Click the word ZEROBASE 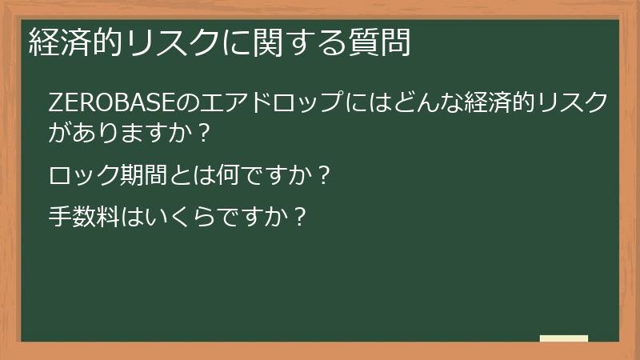[99, 104]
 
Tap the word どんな [418, 104]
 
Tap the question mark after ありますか [202, 133]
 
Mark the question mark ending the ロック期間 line [322, 175]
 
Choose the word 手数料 [86, 218]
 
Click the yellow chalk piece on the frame [563, 338]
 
